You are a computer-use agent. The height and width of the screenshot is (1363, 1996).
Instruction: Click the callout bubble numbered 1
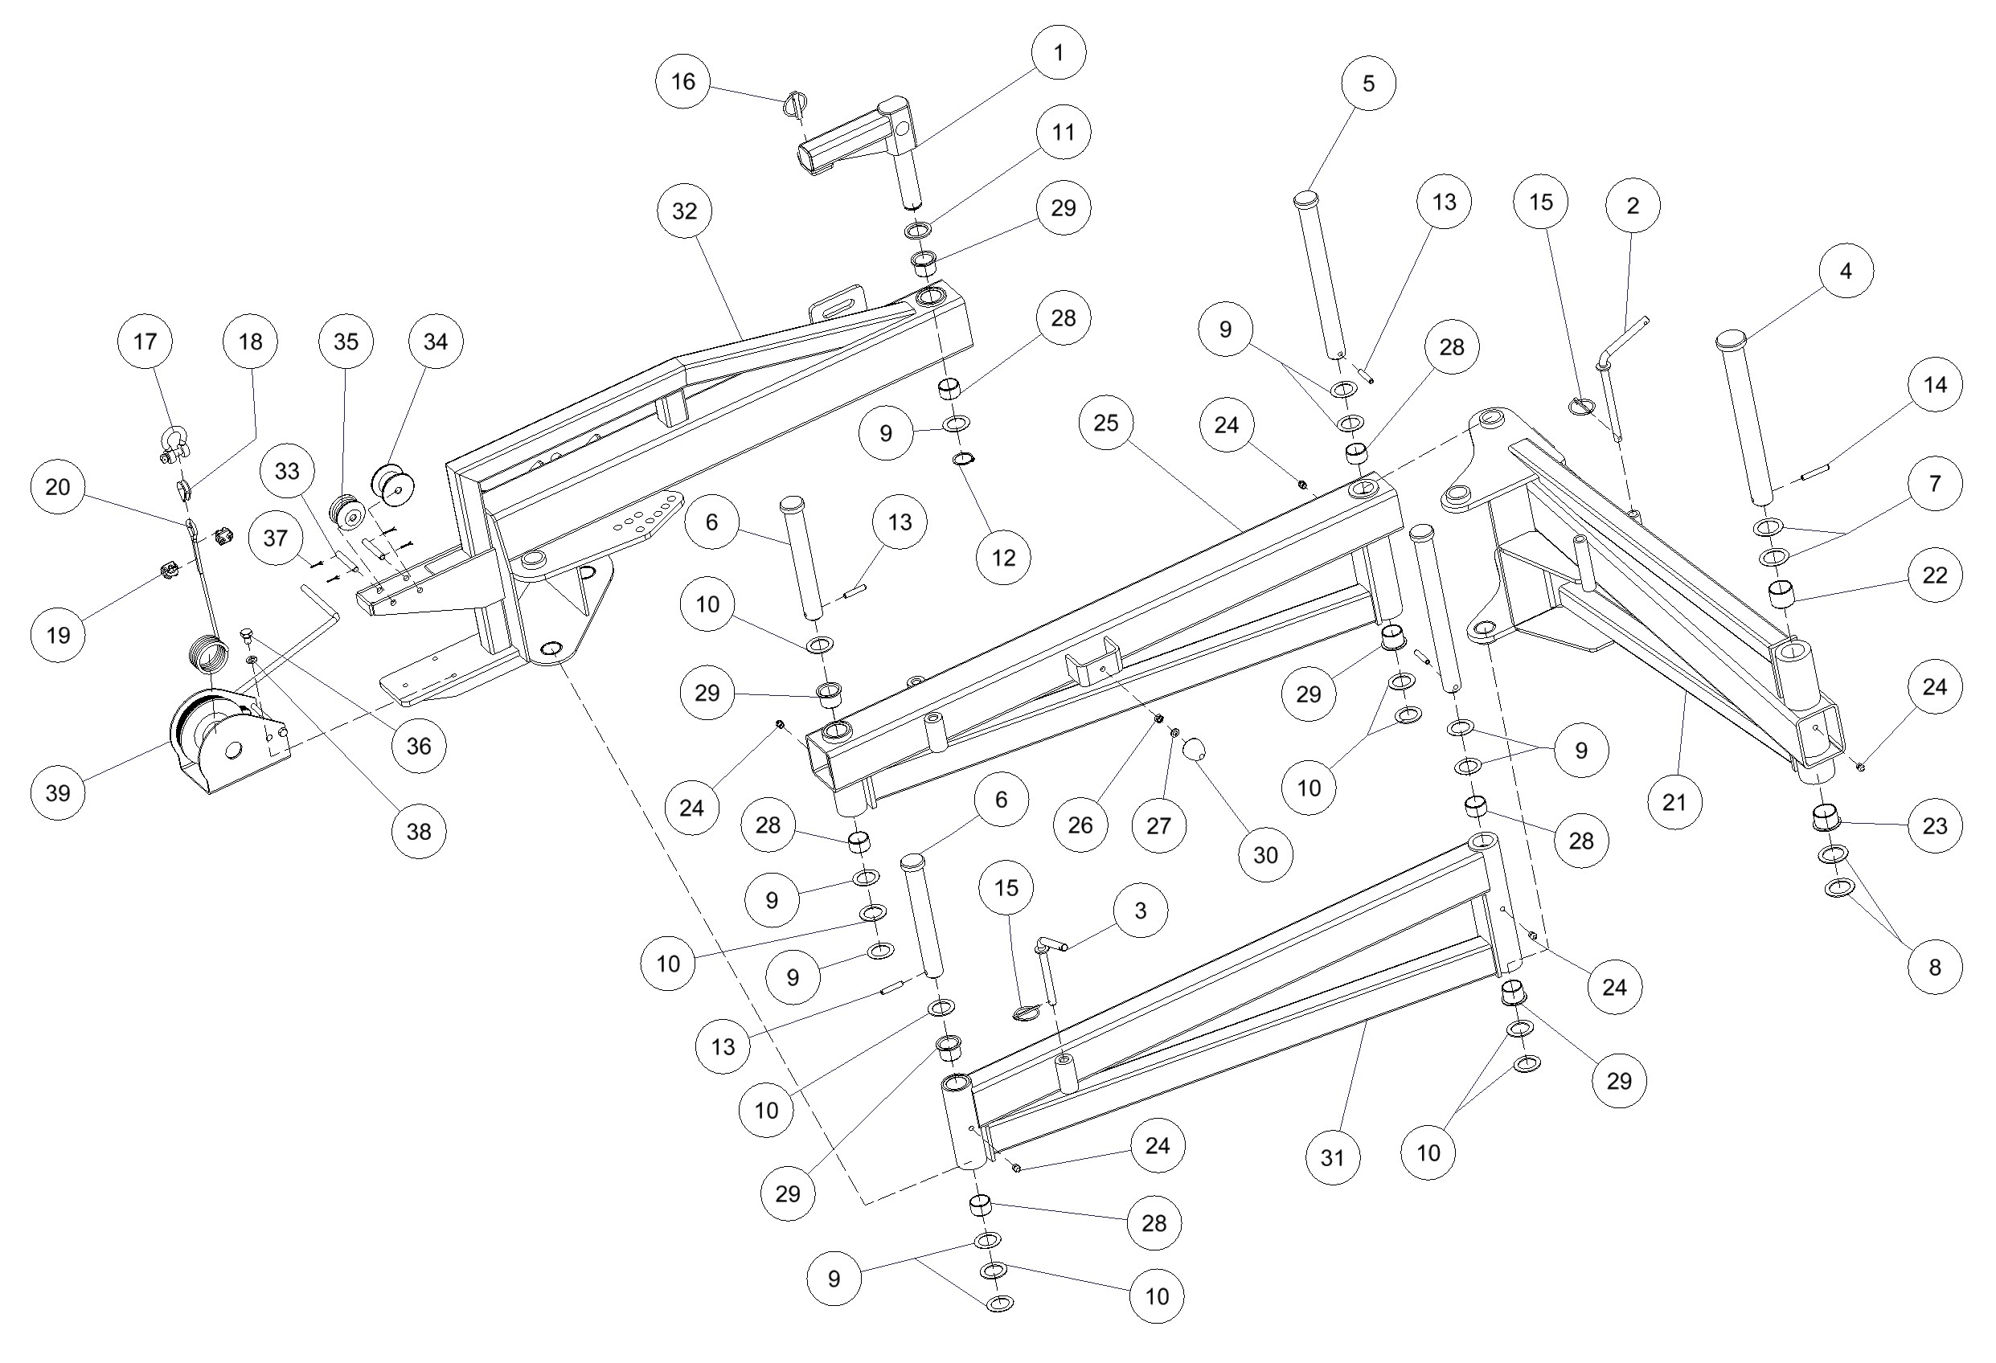tap(1058, 52)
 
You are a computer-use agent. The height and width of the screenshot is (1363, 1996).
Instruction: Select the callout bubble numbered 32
tap(685, 211)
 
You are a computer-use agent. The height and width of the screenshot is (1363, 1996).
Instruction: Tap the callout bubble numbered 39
tap(58, 792)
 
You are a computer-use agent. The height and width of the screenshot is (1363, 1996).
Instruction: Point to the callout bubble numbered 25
tap(1106, 423)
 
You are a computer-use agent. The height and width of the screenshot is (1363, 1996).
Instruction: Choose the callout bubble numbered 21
tap(1674, 802)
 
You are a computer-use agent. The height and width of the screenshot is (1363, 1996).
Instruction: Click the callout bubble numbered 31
tap(1332, 1158)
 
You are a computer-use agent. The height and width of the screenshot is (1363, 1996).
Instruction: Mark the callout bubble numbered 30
tap(1265, 854)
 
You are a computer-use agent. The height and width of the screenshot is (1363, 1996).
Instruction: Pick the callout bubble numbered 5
tap(1368, 84)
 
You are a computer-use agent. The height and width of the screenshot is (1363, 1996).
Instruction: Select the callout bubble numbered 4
tap(1846, 271)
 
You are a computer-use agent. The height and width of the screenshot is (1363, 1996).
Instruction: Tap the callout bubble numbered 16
tap(682, 82)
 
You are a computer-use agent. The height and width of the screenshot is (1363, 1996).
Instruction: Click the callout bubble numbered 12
tap(1003, 558)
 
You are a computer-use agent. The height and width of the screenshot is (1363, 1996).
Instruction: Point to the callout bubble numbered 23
tap(1934, 825)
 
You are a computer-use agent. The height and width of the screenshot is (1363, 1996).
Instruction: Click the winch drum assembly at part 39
tap(223, 739)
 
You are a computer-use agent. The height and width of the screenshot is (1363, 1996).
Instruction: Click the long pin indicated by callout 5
tap(1320, 275)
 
